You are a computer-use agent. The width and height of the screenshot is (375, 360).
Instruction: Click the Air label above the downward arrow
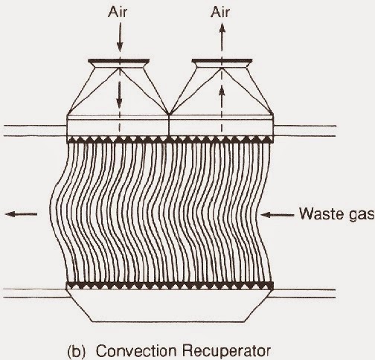(118, 12)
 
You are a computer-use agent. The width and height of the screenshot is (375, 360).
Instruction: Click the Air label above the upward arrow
(220, 12)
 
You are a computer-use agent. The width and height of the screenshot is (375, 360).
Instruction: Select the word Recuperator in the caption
(226, 351)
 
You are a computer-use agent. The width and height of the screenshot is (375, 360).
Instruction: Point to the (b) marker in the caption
(77, 352)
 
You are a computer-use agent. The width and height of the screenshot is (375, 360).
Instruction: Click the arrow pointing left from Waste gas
(277, 215)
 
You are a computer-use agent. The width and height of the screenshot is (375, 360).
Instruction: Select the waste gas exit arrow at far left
(21, 214)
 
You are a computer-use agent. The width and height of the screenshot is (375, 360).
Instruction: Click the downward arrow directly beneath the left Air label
(120, 36)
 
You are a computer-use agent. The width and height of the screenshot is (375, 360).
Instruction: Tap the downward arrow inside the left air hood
(120, 94)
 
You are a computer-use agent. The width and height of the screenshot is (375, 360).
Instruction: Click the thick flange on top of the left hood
(119, 61)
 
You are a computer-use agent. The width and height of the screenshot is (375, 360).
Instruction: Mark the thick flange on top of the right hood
(222, 61)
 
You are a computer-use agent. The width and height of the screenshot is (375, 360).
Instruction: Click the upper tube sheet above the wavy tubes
(170, 140)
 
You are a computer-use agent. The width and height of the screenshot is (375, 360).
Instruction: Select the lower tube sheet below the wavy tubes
(170, 286)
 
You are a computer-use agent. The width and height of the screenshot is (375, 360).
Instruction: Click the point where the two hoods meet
(169, 115)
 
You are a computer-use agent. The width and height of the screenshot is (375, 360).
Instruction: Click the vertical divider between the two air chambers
(169, 125)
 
